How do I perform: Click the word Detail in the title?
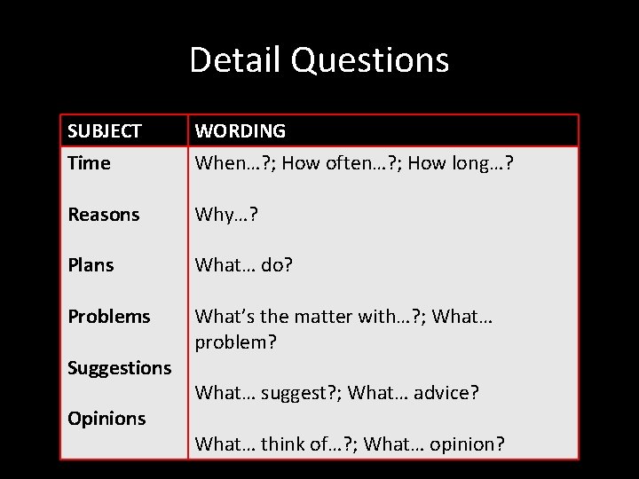tap(235, 60)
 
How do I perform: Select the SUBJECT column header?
tap(105, 131)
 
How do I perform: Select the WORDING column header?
tap(240, 131)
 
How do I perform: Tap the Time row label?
tap(89, 163)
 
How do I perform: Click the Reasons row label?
tap(104, 215)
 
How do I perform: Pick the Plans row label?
tap(91, 265)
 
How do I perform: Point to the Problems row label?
tap(109, 317)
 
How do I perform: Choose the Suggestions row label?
tap(120, 367)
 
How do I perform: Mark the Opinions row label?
tap(106, 419)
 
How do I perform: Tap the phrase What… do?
tap(243, 265)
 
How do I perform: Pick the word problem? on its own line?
tap(235, 342)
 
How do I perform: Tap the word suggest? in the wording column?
tap(296, 392)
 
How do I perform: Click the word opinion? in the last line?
tap(467, 444)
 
